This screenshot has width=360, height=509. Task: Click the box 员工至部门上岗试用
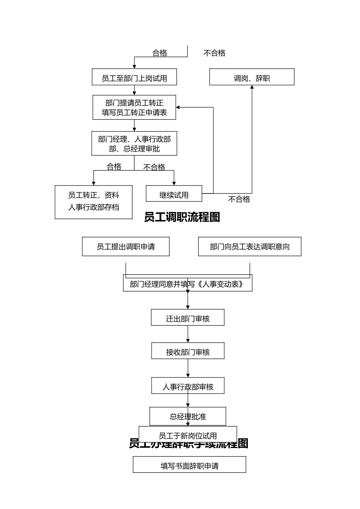click(134, 77)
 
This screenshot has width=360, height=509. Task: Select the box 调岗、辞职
click(252, 77)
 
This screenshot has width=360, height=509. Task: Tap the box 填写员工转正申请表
click(134, 108)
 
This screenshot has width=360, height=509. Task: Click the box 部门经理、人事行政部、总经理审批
click(134, 144)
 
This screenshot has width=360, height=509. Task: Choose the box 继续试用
click(174, 194)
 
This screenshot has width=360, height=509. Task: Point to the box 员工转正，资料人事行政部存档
click(94, 202)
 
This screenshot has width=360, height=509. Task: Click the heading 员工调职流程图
click(182, 217)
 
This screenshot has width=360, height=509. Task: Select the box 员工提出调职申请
click(125, 247)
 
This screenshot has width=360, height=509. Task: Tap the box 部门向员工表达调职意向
click(249, 247)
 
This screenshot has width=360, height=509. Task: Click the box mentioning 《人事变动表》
click(188, 284)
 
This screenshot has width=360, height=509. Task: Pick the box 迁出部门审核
click(188, 318)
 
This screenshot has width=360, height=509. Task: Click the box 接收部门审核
click(188, 351)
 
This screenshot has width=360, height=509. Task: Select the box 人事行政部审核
click(188, 386)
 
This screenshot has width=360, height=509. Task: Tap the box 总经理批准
click(188, 416)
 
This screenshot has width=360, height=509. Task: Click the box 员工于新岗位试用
click(188, 435)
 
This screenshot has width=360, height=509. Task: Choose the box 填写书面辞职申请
click(189, 465)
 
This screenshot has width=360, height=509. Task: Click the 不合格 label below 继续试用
click(239, 199)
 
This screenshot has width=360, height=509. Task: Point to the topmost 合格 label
click(160, 53)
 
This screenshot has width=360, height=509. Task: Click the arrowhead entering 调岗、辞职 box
click(252, 87)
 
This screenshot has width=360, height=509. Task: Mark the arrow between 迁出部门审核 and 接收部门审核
click(188, 334)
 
